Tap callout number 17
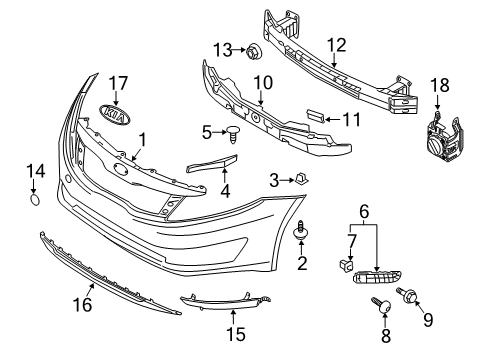(118, 83)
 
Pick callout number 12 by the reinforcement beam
(335, 45)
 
